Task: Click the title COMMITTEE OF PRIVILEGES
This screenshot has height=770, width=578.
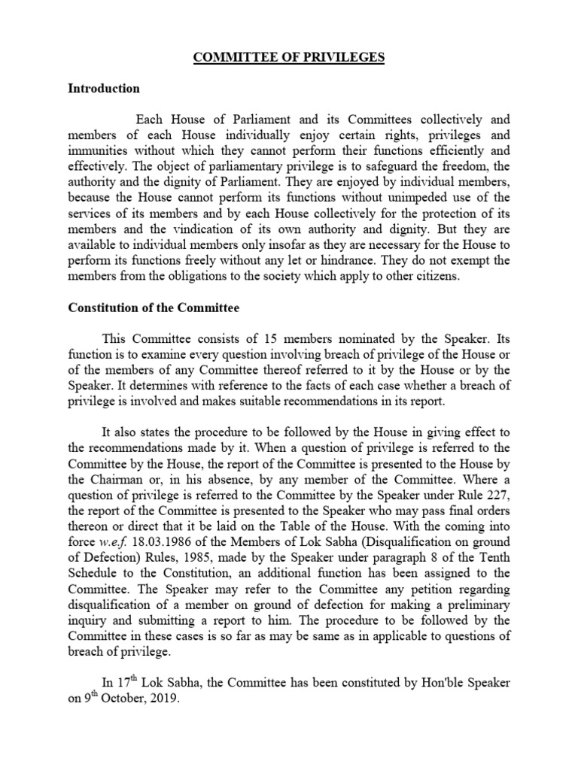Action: tap(289, 58)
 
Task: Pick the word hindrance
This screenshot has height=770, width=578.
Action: tap(361, 261)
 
